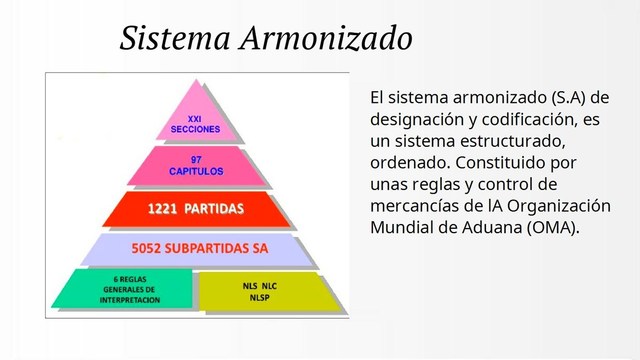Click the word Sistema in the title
point(176,38)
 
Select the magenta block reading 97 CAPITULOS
point(197,165)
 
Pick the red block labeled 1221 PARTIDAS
point(196,209)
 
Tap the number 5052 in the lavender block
point(149,247)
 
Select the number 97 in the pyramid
point(196,159)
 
